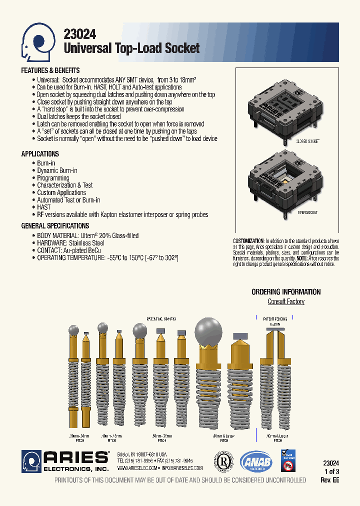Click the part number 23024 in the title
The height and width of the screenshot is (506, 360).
point(80,34)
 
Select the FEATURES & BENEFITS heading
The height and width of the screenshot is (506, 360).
point(50,70)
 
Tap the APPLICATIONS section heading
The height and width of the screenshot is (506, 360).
point(40,154)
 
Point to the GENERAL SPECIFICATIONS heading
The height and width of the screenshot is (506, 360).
point(55,226)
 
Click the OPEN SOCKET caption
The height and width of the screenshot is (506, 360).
point(307,212)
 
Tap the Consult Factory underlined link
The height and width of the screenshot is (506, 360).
point(286,301)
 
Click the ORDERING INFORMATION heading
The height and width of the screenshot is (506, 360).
point(286,292)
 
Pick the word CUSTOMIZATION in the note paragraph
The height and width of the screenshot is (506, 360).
point(248,241)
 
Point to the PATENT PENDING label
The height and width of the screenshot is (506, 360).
point(275,318)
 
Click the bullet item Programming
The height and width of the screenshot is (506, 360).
point(53,178)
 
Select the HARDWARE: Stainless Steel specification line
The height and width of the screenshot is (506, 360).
point(70,243)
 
